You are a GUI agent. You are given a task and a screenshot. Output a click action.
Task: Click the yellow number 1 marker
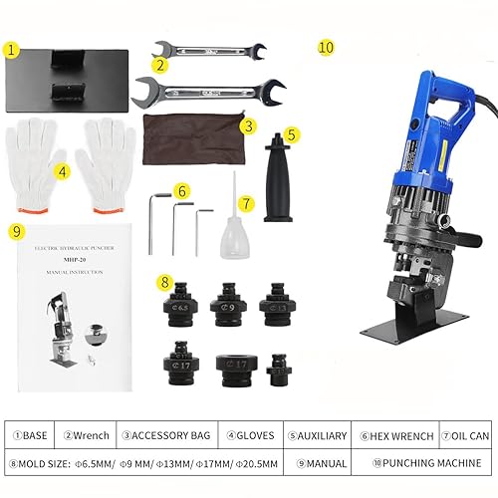(12, 49)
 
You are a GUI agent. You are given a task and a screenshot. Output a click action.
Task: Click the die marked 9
(228, 303)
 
